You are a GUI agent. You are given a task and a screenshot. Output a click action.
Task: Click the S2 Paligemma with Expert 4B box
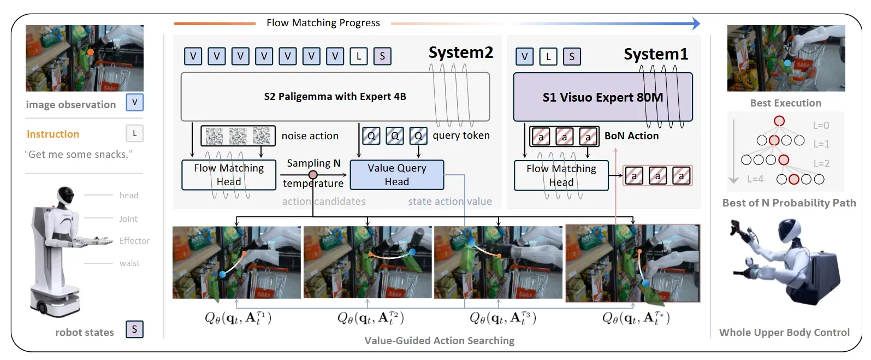click(335, 97)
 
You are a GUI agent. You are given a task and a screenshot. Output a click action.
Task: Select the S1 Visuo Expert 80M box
click(603, 97)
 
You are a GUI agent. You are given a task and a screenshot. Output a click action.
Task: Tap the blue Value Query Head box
click(397, 175)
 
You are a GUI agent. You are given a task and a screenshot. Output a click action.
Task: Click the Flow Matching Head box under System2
click(229, 175)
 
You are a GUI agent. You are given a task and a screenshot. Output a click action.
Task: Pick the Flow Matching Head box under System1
click(561, 175)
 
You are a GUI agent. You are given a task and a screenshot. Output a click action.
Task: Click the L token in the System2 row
click(359, 56)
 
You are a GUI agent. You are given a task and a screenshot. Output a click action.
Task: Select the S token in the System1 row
click(572, 56)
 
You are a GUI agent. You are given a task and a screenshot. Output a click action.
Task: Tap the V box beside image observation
click(134, 102)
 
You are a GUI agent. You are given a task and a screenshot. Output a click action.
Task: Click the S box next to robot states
click(134, 329)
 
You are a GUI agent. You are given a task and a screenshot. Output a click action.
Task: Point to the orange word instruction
click(53, 134)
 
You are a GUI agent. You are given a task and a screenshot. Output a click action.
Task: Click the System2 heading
click(461, 52)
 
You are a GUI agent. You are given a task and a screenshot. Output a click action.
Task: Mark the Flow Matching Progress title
click(323, 23)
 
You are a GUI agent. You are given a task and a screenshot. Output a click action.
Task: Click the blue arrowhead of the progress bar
click(696, 23)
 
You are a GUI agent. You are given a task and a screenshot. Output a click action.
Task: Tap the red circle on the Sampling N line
click(312, 175)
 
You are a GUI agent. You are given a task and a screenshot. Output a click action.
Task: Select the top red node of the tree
click(779, 121)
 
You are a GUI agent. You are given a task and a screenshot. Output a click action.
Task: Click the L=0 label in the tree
click(821, 125)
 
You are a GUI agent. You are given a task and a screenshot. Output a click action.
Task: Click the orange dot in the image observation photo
click(91, 52)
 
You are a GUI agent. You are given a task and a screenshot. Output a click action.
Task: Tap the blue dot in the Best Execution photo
click(787, 62)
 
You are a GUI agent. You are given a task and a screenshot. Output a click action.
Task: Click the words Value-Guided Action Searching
click(440, 340)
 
